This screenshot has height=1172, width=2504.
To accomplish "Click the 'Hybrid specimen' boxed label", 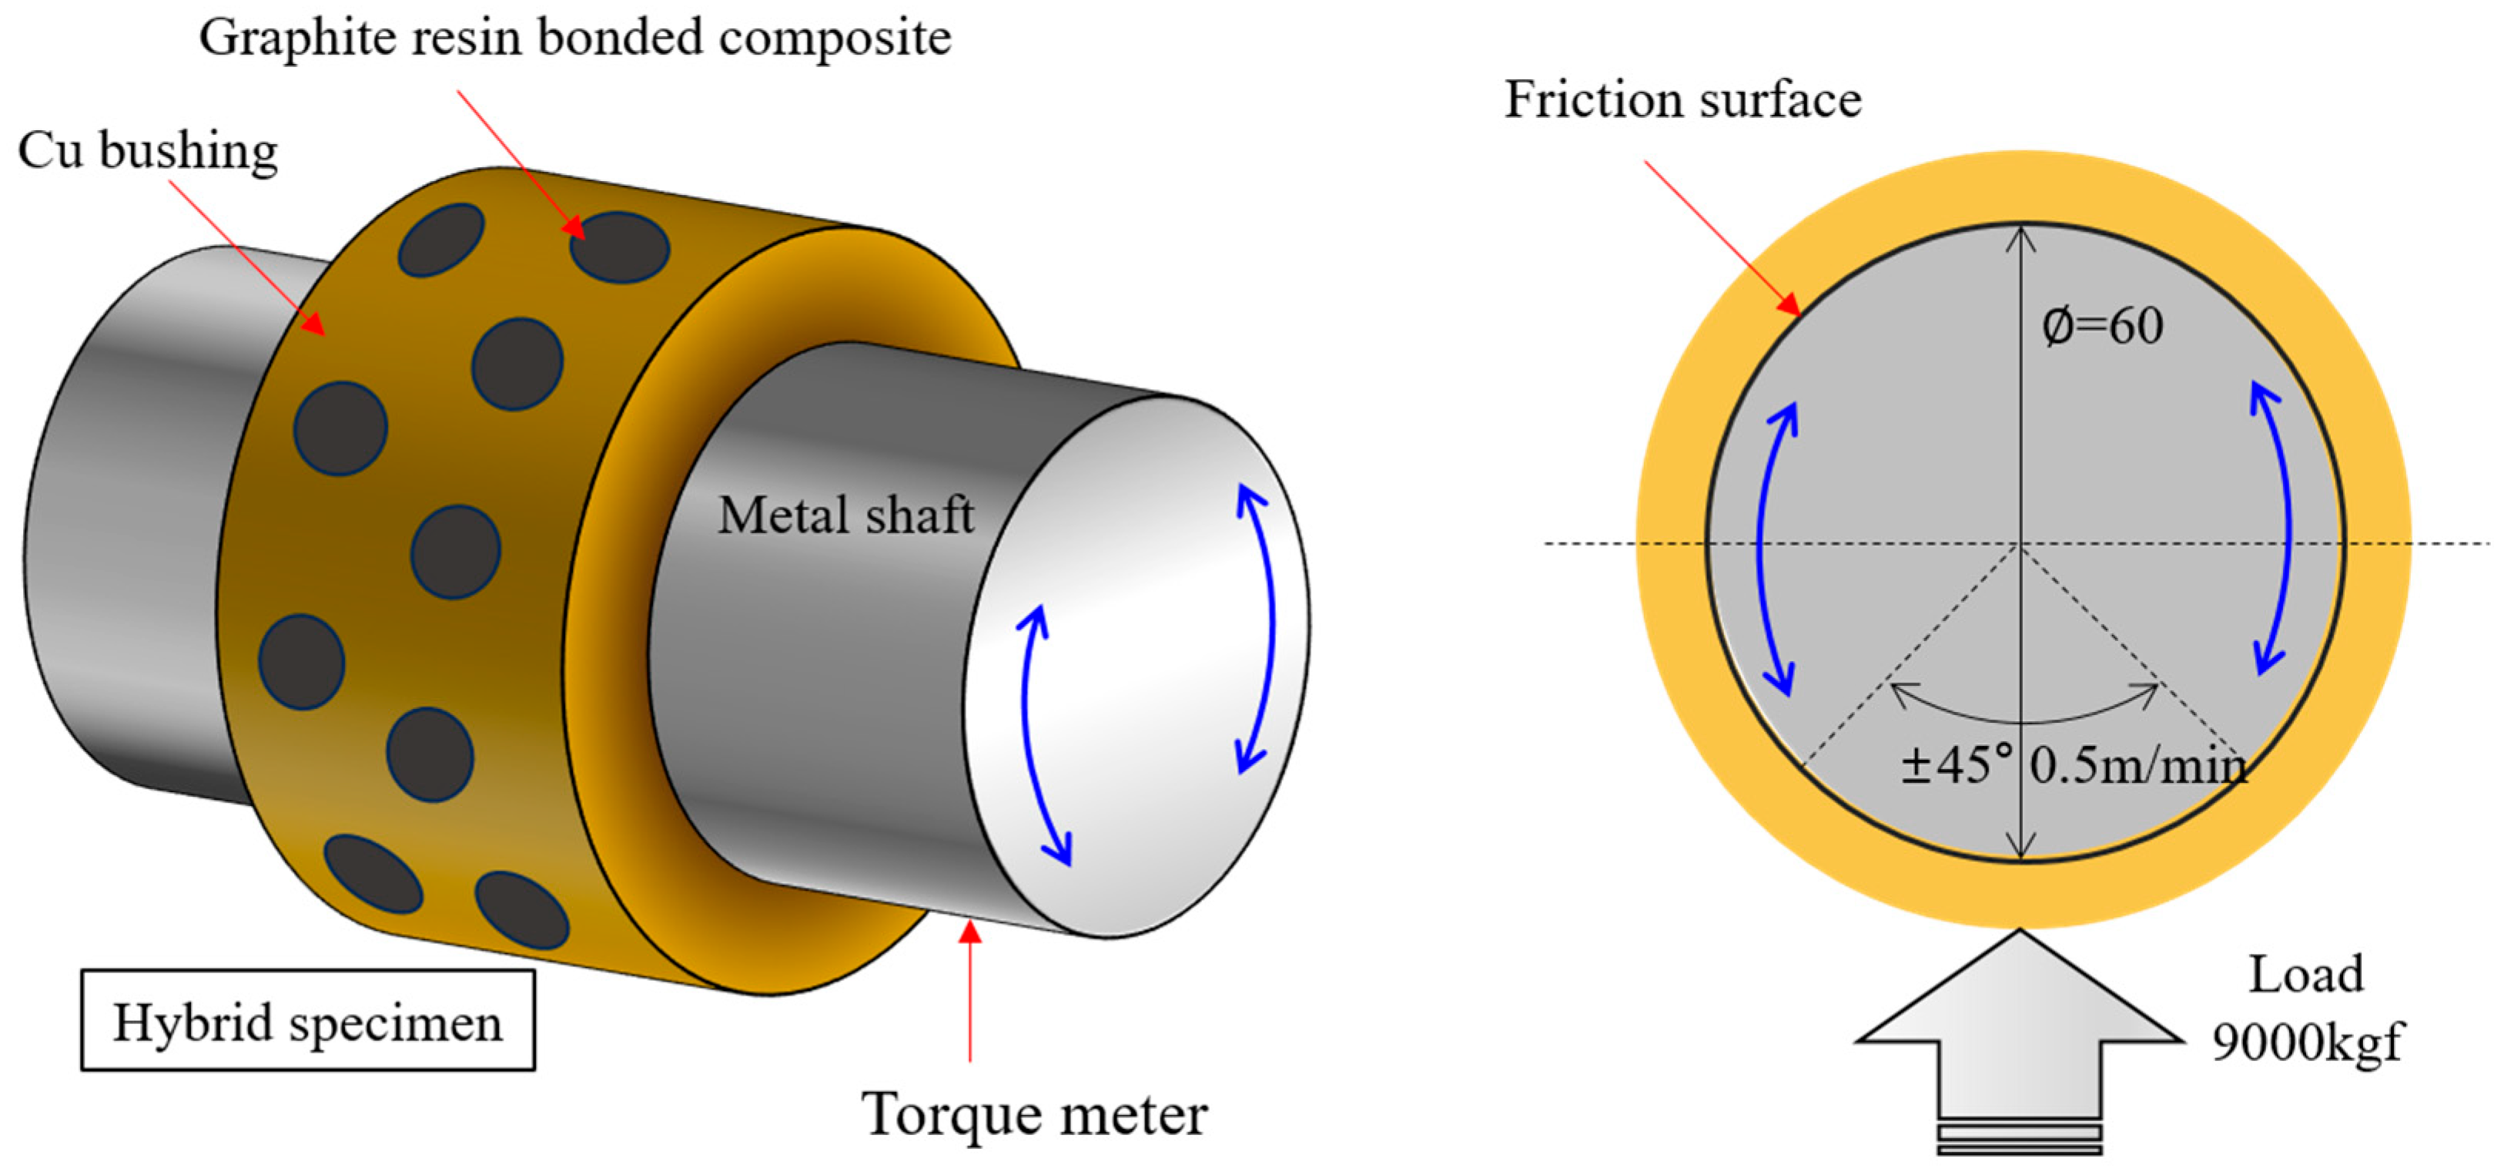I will [x=307, y=1021].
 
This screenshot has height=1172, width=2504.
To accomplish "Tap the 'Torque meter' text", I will [x=1033, y=1113].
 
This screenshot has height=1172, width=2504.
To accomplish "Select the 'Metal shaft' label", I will [x=845, y=515].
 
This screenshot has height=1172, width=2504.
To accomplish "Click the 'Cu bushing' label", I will [x=148, y=152].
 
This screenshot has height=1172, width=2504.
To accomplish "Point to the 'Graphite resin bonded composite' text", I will [x=574, y=39].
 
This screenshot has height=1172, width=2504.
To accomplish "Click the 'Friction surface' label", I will [x=1682, y=100].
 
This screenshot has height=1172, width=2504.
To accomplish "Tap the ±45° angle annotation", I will [x=1956, y=765].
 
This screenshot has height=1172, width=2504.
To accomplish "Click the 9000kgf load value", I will [x=2305, y=1043].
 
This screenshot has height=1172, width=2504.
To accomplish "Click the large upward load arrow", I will [x=2020, y=1031].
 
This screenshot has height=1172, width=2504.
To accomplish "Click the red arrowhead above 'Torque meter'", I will [x=969, y=932].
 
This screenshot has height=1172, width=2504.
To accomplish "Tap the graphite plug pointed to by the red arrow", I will [x=619, y=248].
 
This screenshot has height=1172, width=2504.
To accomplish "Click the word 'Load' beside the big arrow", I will [x=2305, y=975].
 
